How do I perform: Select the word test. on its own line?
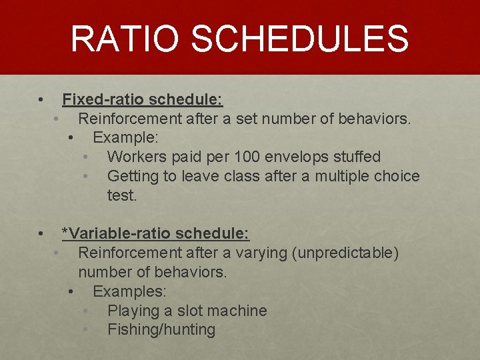[121, 196]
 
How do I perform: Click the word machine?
[237, 311]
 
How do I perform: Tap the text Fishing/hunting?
[161, 330]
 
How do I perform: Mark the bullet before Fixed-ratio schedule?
[41, 101]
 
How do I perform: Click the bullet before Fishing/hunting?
[85, 330]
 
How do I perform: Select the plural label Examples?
[130, 292]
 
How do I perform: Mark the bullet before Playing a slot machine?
[85, 311]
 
